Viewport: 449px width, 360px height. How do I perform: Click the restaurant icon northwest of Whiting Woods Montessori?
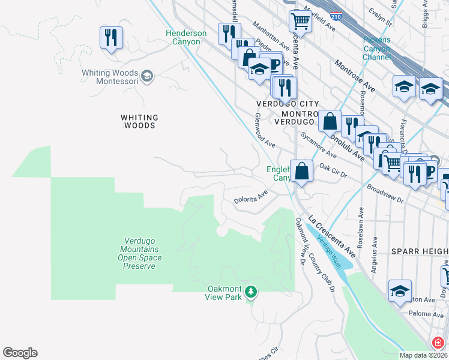[x=111, y=38]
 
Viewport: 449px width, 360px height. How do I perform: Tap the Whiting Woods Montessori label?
[x=111, y=76]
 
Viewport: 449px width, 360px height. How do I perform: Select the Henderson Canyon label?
[x=187, y=38]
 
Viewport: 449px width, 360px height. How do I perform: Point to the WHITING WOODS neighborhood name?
[x=139, y=122]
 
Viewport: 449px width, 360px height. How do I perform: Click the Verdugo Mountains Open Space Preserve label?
[x=139, y=253]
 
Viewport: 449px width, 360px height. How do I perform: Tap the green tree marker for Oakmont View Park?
[x=250, y=292]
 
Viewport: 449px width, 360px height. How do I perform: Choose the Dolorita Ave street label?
[x=250, y=197]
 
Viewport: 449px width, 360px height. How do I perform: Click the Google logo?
[x=20, y=353]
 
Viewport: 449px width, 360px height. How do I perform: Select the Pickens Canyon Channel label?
[x=376, y=49]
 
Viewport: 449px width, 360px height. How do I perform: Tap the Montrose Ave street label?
[x=354, y=76]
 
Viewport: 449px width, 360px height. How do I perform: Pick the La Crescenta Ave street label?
[x=331, y=237]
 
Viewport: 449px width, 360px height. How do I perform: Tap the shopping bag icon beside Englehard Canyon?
[x=302, y=171]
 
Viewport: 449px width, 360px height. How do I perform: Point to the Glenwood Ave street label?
[x=265, y=131]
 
